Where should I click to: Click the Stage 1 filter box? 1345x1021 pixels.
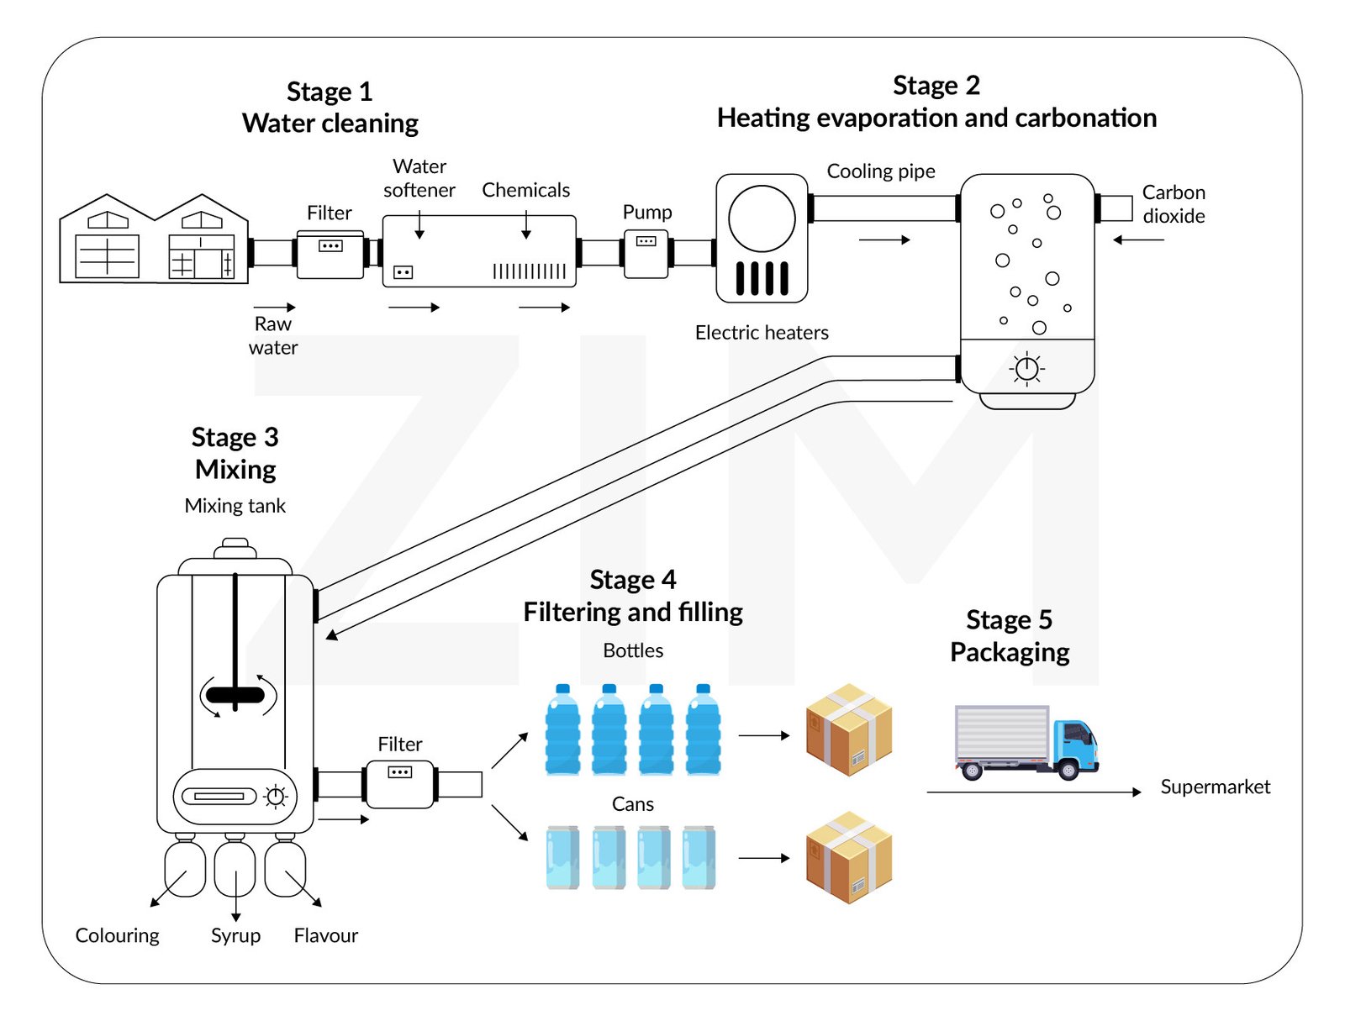click(x=330, y=254)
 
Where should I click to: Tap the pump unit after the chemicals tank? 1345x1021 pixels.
click(x=646, y=254)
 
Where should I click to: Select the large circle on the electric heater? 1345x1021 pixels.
click(x=762, y=218)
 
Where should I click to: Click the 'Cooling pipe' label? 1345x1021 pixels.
click(x=881, y=171)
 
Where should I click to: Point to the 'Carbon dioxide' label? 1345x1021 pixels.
click(x=1174, y=204)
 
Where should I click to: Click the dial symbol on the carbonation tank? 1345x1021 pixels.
click(x=1026, y=368)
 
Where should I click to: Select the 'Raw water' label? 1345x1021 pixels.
click(x=273, y=335)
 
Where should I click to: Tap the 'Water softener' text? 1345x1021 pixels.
click(x=419, y=178)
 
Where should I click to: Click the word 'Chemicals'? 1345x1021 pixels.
click(x=525, y=190)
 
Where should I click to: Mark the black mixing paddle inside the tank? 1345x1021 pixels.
click(x=235, y=695)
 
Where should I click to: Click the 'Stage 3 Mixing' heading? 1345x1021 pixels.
click(x=235, y=453)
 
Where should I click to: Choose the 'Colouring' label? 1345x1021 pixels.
click(x=117, y=935)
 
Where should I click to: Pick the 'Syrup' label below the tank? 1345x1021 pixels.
click(x=235, y=935)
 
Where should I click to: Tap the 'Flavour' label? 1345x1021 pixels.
click(x=325, y=935)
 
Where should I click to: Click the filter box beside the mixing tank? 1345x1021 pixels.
click(x=400, y=784)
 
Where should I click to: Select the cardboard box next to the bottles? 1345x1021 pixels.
click(x=848, y=729)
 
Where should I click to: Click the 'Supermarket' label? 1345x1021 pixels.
click(x=1215, y=787)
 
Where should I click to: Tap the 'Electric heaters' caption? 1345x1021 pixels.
click(x=762, y=333)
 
